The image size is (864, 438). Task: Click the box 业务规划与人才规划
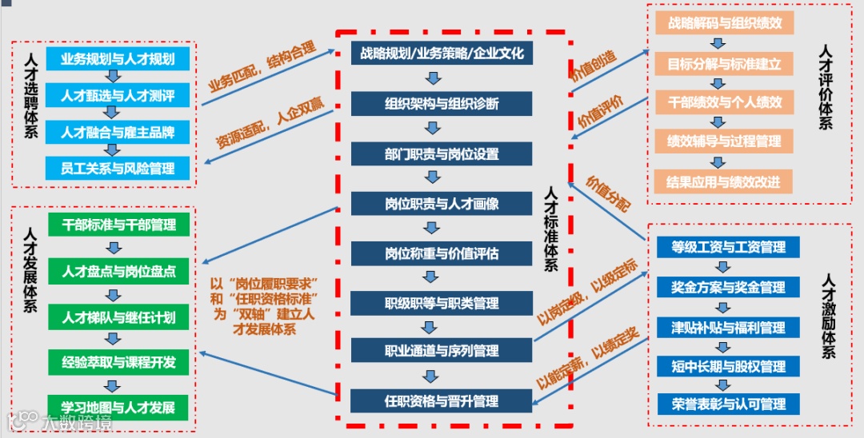(x=118, y=58)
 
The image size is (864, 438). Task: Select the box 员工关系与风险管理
(x=118, y=169)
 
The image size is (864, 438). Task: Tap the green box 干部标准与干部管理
(x=118, y=225)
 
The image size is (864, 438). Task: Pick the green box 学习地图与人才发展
(x=118, y=407)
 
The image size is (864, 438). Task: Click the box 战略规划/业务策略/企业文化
(x=442, y=54)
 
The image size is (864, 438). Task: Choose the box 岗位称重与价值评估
(x=442, y=253)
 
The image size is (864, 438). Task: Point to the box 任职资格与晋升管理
(x=442, y=400)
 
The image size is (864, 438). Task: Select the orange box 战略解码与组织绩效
(x=724, y=22)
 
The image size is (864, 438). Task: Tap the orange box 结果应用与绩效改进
(x=724, y=181)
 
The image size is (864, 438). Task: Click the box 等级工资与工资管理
(x=729, y=247)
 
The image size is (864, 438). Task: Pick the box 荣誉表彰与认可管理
(x=729, y=404)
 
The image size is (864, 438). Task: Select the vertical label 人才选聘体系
(x=30, y=96)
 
